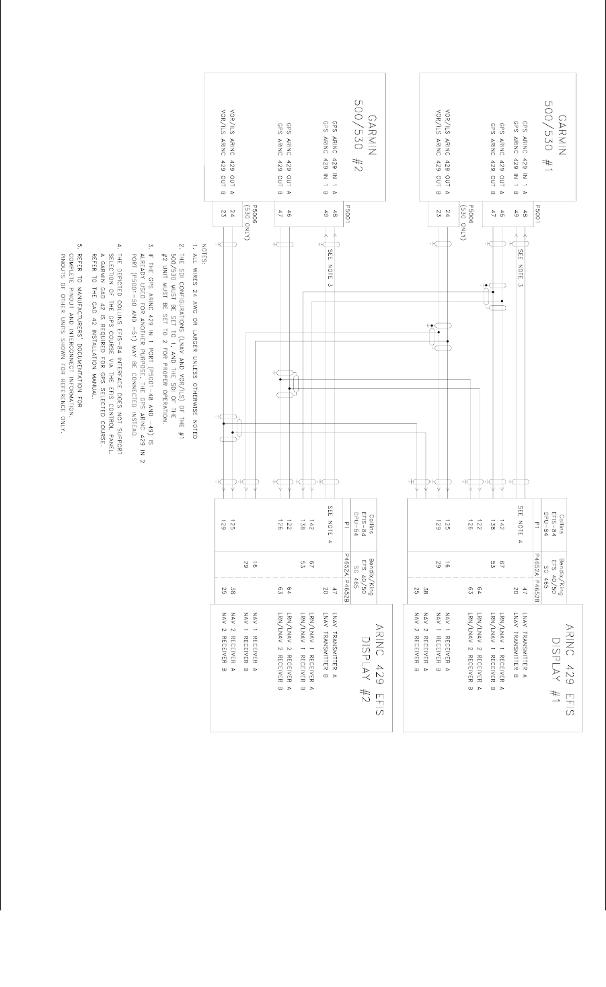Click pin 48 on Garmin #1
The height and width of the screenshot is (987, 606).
(525, 217)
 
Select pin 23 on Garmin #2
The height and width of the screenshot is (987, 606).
(223, 217)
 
